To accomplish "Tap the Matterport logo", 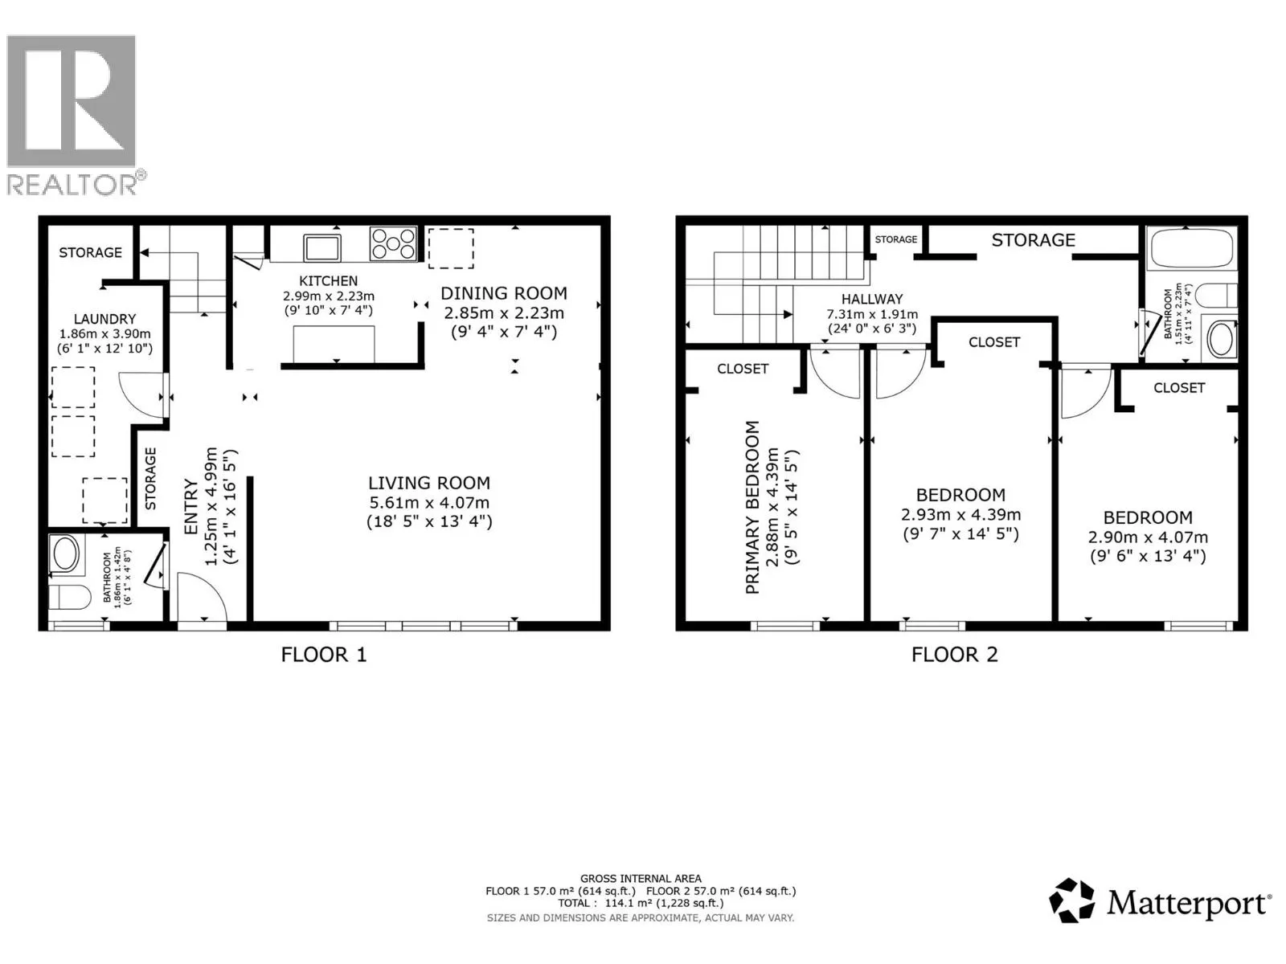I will [1160, 901].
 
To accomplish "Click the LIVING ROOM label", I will [428, 483].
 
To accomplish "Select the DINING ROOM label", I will [503, 293].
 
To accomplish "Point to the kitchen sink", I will [321, 246].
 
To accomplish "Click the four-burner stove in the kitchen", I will [393, 243].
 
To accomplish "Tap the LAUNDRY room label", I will [104, 319].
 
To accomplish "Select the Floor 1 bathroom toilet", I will [69, 598].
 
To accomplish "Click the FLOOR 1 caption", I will [323, 655].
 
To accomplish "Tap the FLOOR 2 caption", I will [954, 655].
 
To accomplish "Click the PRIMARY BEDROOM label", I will [752, 507].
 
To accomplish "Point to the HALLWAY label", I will [872, 299].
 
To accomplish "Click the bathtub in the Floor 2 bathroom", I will [1192, 248].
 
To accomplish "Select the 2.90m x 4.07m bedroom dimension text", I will [1147, 537].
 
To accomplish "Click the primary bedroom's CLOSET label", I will [743, 369].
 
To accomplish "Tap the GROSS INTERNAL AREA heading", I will [641, 879].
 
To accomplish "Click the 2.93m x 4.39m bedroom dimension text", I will [960, 515].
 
